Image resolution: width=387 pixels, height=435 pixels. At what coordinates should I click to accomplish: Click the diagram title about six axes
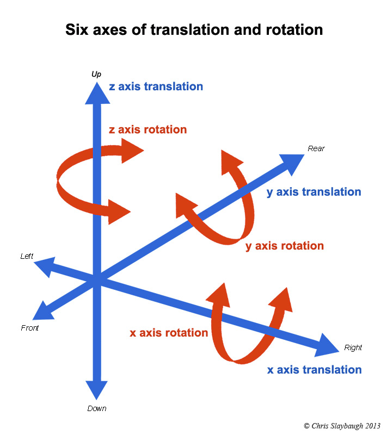194,29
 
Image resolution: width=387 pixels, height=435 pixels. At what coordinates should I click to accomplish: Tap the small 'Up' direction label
96,73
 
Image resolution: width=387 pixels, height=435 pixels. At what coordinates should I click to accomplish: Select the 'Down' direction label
97,408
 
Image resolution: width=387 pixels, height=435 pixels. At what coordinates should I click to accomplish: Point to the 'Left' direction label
27,256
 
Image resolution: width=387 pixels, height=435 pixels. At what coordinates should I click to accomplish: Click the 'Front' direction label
30,328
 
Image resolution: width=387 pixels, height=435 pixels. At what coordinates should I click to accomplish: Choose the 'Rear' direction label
316,148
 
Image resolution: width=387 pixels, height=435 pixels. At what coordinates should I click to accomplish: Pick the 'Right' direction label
353,347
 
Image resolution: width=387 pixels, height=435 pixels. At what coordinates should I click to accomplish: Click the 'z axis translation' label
156,86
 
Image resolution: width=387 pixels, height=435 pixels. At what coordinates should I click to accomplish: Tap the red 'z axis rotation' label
148,130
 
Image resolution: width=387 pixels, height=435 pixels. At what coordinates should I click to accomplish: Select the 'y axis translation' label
314,192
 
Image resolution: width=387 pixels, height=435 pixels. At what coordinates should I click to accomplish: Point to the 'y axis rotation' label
284,246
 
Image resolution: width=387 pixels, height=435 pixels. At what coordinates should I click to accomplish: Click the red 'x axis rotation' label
169,333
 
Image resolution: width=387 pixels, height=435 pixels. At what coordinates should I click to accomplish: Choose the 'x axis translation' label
314,370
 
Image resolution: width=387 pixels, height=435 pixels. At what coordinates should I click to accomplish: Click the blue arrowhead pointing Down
96,390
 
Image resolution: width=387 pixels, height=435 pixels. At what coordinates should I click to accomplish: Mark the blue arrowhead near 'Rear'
294,163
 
